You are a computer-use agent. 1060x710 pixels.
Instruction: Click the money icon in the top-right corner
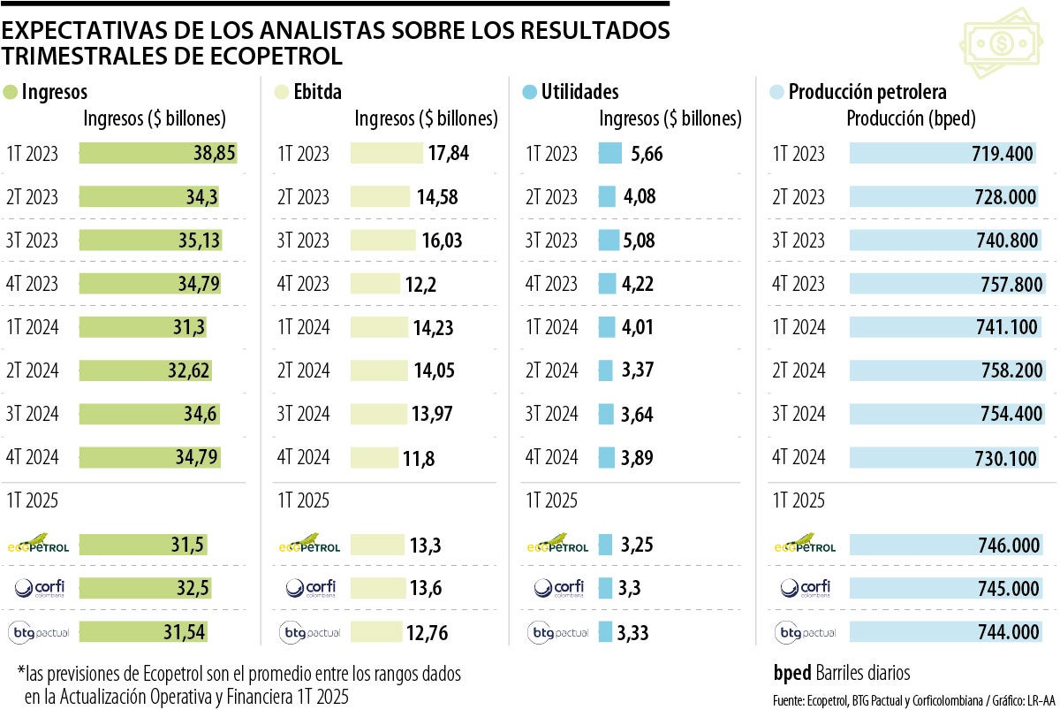[1003, 43]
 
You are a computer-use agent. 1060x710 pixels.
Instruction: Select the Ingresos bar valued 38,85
[158, 153]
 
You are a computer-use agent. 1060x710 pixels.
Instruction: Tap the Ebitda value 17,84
[449, 153]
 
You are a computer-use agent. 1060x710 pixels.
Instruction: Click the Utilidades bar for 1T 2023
[609, 154]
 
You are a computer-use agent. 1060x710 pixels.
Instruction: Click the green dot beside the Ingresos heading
[11, 92]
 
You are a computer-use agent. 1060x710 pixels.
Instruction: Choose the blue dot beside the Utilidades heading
[529, 92]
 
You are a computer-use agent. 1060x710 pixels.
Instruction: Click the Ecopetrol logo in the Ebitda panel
[309, 544]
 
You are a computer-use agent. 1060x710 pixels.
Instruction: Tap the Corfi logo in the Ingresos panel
[38, 587]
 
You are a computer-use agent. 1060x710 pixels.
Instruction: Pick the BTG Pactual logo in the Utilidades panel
[558, 632]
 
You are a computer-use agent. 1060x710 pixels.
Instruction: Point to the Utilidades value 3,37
[637, 370]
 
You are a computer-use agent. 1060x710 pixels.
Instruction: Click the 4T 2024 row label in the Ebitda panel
[304, 457]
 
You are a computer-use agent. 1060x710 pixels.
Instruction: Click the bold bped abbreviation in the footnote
[792, 672]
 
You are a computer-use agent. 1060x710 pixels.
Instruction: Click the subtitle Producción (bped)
[911, 118]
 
